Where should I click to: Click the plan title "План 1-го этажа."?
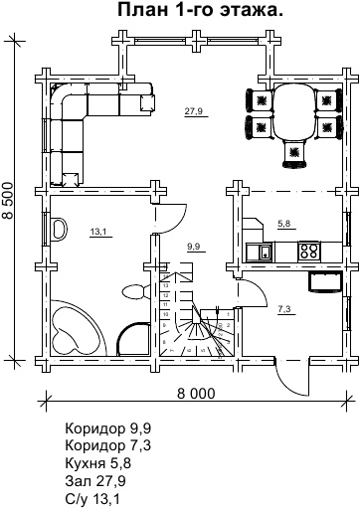click(x=201, y=10)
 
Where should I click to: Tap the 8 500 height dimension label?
click(x=8, y=200)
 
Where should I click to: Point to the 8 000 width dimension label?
click(x=196, y=394)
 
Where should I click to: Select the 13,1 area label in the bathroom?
click(x=98, y=232)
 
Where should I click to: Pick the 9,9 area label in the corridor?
click(x=195, y=247)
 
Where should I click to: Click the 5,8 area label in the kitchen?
click(x=283, y=224)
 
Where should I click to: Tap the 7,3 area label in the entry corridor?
click(x=284, y=310)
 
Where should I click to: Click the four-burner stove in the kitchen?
click(x=309, y=251)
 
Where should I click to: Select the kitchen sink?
click(x=266, y=253)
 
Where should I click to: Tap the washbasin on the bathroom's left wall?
click(x=59, y=229)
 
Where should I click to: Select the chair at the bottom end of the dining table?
click(x=293, y=153)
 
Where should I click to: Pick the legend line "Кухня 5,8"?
click(x=98, y=463)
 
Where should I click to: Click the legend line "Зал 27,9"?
click(x=95, y=481)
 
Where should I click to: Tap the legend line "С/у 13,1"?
click(x=92, y=499)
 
